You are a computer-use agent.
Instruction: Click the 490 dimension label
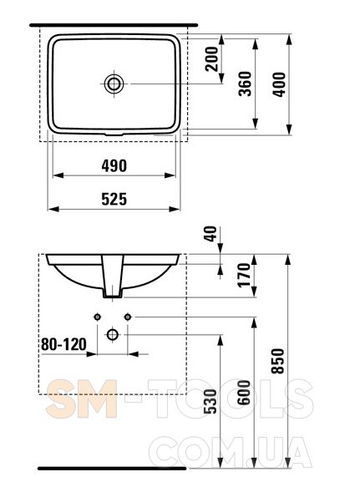[114, 165]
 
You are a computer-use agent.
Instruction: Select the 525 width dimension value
[114, 200]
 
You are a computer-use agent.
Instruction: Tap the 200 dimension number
[211, 58]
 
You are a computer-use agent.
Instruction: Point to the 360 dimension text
[245, 84]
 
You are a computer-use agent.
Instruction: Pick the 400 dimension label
[279, 84]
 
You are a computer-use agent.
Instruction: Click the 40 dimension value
[210, 234]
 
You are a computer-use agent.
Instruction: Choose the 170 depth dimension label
[244, 275]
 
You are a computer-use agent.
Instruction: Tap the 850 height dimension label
[278, 361]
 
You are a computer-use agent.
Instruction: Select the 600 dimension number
[244, 393]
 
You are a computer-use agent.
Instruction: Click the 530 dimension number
[210, 401]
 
